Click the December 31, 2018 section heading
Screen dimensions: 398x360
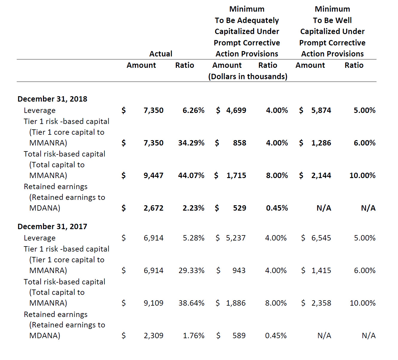pos(52,99)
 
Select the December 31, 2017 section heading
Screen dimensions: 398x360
pos(52,226)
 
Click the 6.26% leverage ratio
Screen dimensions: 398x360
pos(193,110)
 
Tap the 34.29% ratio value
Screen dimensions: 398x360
pos(191,143)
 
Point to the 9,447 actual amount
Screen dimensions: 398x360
pos(153,175)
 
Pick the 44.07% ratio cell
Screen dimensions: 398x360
pos(191,175)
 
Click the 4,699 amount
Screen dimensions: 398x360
pos(236,110)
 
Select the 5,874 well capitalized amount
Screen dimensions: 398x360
pos(321,110)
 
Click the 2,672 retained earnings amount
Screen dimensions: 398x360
pos(153,208)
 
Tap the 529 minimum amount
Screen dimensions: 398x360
pos(239,208)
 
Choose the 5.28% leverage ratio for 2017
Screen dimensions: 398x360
pos(194,238)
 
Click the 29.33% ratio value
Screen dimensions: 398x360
pos(191,270)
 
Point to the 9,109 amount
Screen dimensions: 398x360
pos(153,303)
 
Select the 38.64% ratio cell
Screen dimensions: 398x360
pos(191,303)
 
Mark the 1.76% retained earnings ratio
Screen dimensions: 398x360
pos(194,336)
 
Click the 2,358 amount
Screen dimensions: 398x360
pos(321,303)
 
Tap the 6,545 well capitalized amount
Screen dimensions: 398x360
pos(321,238)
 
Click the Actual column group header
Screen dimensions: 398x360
pos(161,53)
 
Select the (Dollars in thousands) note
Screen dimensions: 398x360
pos(248,76)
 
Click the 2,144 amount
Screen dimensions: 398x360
pos(321,175)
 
